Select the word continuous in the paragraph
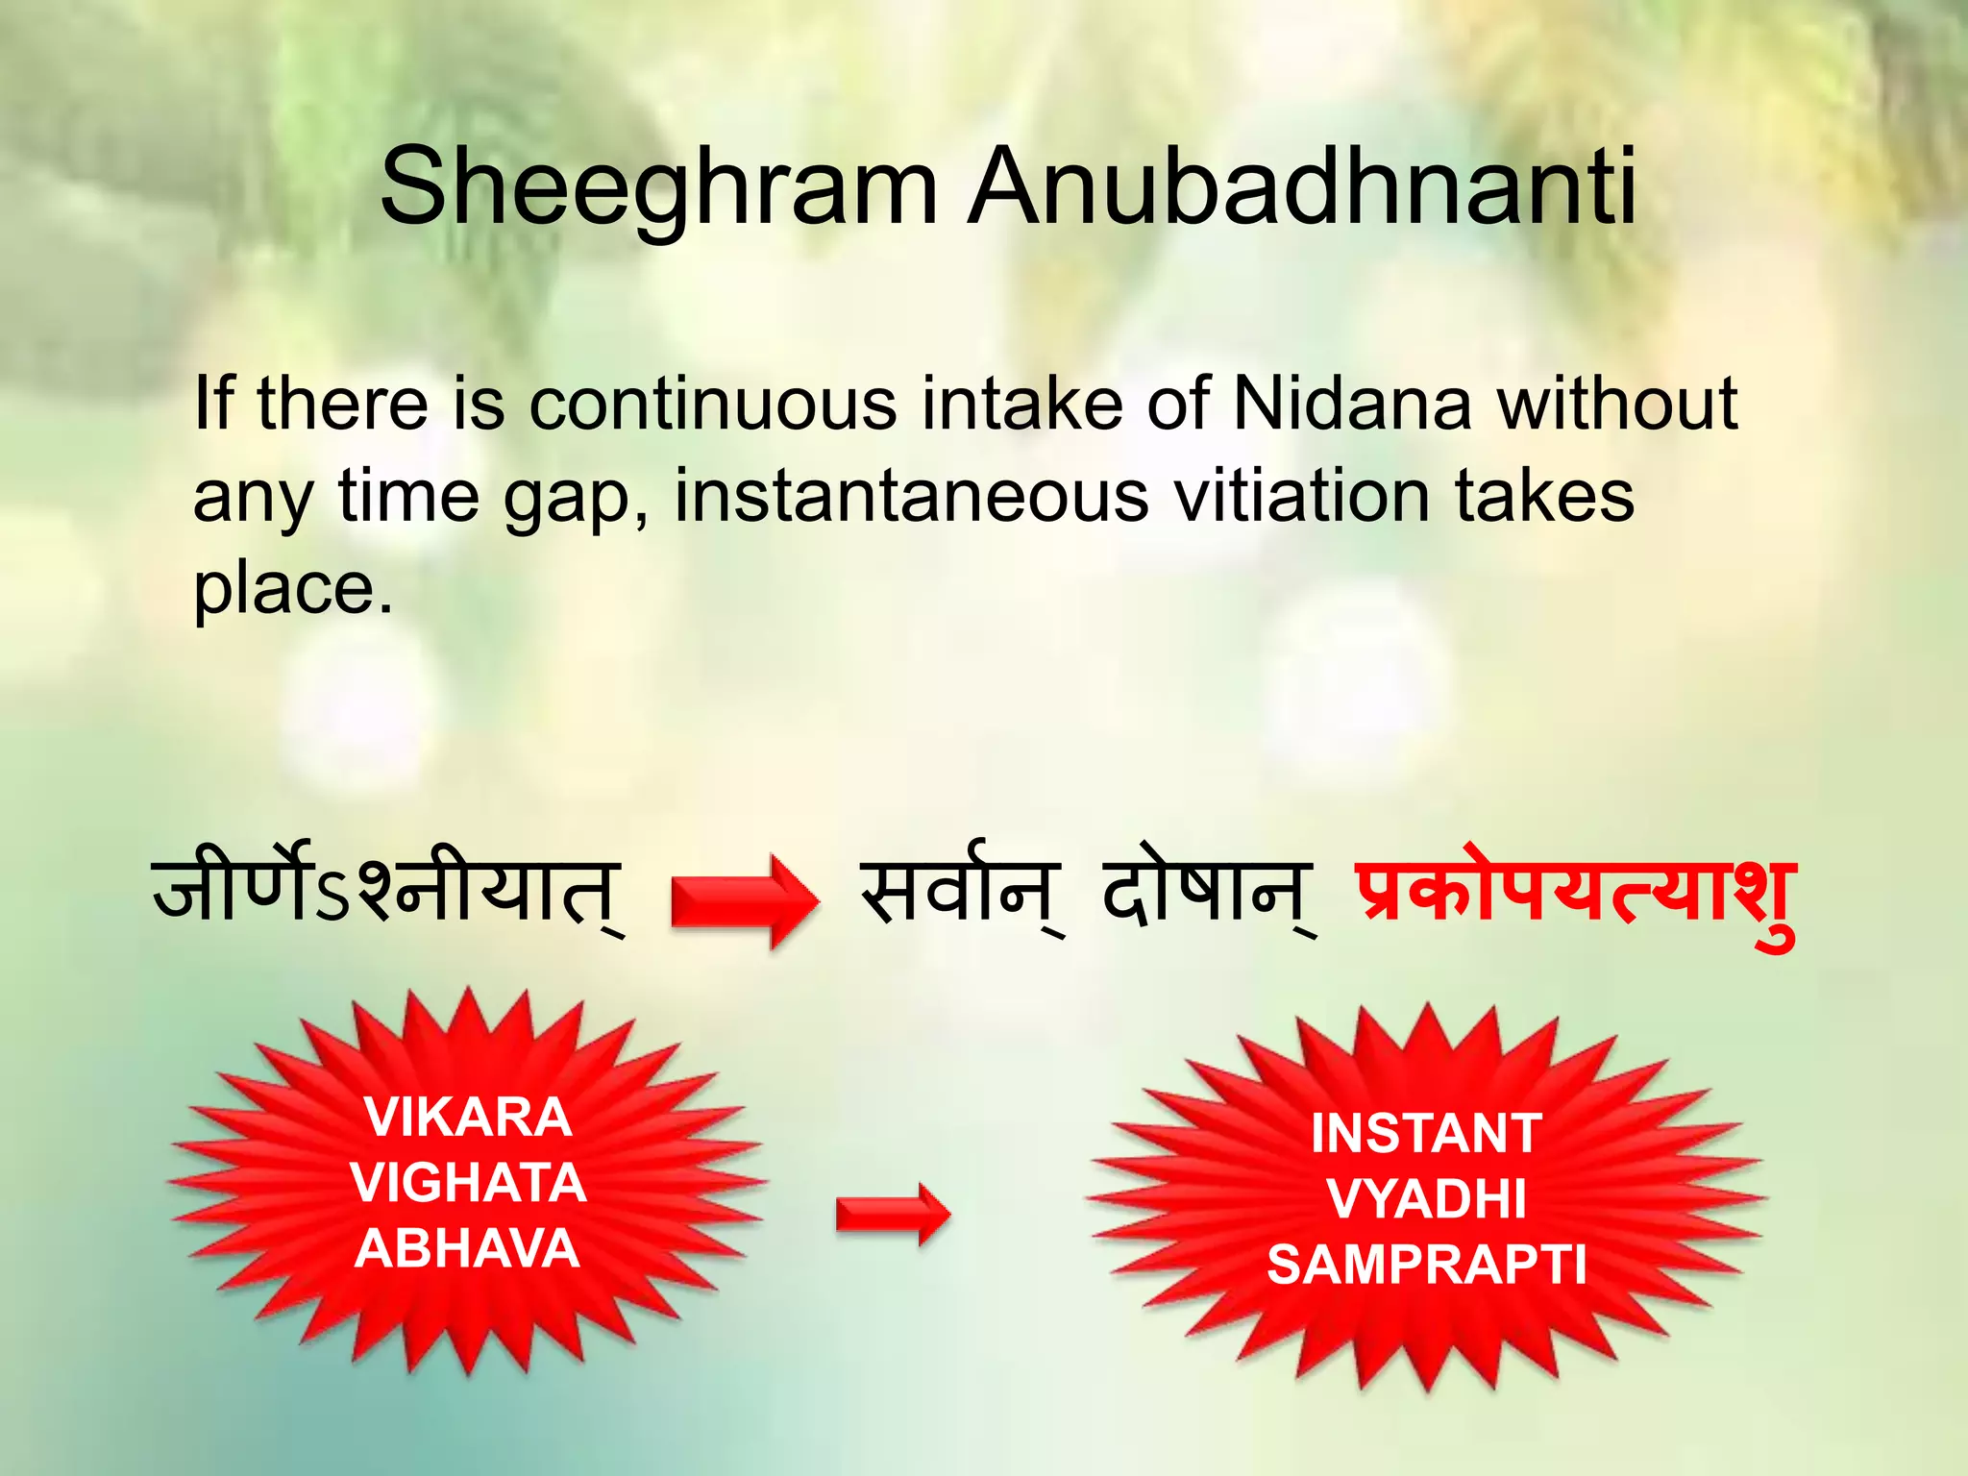pyautogui.click(x=713, y=404)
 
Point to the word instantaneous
pyautogui.click(x=911, y=497)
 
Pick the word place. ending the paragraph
pyautogui.click(x=293, y=588)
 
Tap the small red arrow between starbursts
pyautogui.click(x=893, y=1215)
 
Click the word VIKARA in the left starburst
pyautogui.click(x=468, y=1118)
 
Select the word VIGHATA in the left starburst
pyautogui.click(x=468, y=1183)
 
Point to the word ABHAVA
pyautogui.click(x=467, y=1249)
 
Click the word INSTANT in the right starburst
pyautogui.click(x=1426, y=1134)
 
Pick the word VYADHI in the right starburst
pyautogui.click(x=1426, y=1199)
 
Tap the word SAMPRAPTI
pyautogui.click(x=1426, y=1265)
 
